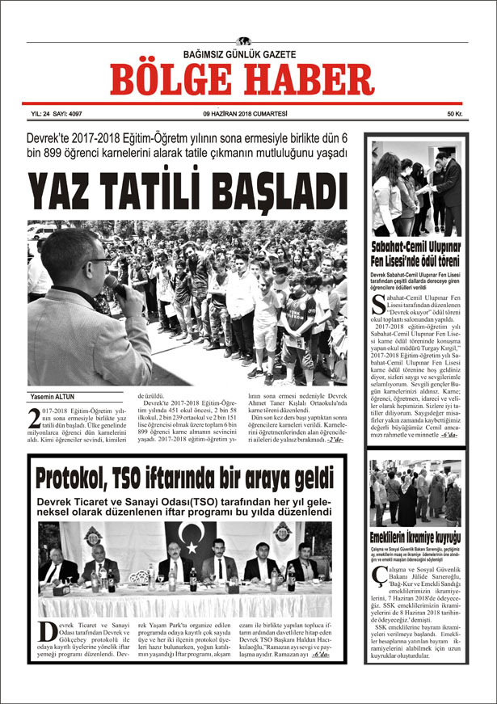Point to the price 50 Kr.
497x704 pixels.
click(453, 115)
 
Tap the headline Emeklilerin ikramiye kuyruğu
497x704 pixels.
click(415, 537)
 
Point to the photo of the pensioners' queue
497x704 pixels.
click(415, 493)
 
